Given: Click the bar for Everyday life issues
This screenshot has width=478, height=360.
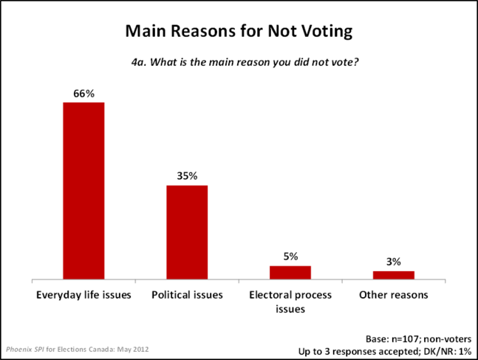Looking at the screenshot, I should (83, 191).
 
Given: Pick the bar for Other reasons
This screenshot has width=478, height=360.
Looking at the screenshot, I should (394, 275).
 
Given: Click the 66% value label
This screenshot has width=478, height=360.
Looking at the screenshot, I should (83, 93).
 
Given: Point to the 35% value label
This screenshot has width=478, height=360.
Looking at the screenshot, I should (187, 176).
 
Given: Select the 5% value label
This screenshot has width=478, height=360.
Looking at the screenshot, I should (290, 257).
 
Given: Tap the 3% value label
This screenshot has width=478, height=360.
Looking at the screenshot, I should (394, 262).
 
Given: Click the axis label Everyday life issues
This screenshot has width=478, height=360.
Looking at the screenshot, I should (83, 296).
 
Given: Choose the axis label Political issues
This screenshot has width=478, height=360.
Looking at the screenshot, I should (187, 296).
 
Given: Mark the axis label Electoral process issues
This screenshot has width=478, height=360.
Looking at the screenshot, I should (290, 302).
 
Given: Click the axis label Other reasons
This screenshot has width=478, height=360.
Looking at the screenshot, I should (394, 296).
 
